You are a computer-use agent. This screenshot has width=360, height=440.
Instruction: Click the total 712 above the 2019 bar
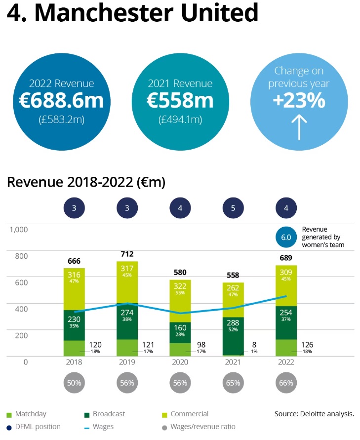(x=127, y=254)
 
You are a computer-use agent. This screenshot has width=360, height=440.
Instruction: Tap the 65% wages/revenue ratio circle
(x=233, y=383)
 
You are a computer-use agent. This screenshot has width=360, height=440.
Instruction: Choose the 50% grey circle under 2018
(x=74, y=383)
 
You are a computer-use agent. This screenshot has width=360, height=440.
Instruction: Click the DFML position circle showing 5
(x=233, y=208)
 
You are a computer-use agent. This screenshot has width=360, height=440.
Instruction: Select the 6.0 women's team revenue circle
(x=286, y=237)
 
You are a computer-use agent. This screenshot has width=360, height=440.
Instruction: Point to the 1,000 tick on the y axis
(x=18, y=230)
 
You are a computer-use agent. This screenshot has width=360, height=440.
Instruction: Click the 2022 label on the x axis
(x=286, y=362)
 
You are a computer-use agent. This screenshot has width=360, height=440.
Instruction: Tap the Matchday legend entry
(x=30, y=414)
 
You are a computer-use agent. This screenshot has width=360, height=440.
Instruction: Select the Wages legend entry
(x=103, y=427)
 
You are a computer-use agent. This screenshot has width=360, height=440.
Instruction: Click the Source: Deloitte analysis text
(x=314, y=414)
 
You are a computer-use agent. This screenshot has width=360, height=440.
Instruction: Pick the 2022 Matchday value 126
(x=307, y=345)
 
